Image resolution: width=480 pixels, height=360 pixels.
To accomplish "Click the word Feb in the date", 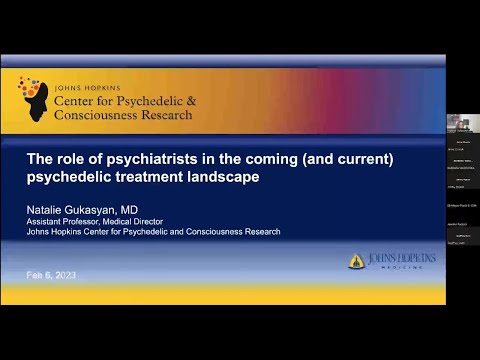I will pyautogui.click(x=35, y=275).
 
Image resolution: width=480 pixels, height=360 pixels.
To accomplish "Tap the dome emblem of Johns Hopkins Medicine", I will pyautogui.click(x=356, y=261).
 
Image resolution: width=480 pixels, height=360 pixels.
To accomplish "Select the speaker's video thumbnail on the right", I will pyautogui.click(x=463, y=122).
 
